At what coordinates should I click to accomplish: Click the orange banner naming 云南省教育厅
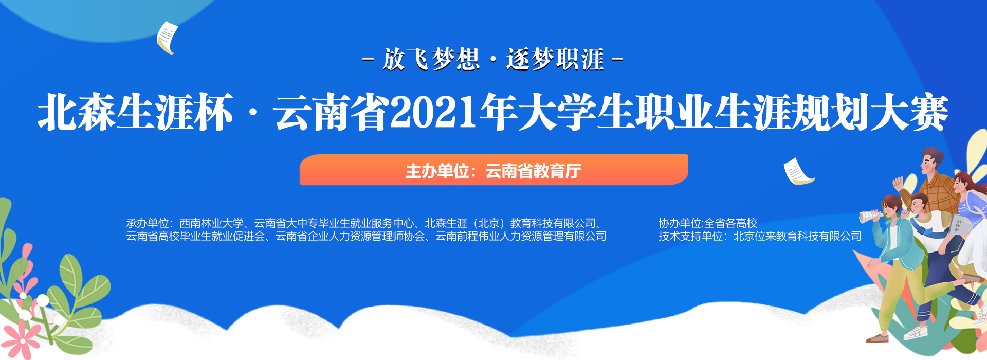point(494,170)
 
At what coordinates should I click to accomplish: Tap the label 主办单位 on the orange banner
point(437,171)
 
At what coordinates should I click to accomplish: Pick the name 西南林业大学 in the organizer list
point(211,223)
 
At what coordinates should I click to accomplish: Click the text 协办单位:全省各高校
point(708,223)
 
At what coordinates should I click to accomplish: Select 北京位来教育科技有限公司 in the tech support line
point(797,236)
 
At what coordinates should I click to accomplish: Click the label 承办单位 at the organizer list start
point(148,223)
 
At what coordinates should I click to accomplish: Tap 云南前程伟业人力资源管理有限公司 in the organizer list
point(521,236)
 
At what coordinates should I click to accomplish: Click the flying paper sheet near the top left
point(167,38)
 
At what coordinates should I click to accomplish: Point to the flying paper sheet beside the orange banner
point(798,172)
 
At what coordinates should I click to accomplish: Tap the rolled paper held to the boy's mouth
point(870,216)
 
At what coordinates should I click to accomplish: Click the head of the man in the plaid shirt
point(931,161)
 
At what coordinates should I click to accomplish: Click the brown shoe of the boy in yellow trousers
point(878,338)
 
